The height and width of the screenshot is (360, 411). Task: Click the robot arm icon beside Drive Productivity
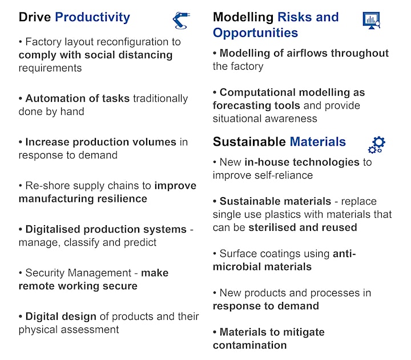(181, 21)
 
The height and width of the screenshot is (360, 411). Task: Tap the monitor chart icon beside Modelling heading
(372, 20)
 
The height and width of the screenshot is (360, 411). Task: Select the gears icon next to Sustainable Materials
(377, 145)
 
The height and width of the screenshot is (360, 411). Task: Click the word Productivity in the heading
(92, 18)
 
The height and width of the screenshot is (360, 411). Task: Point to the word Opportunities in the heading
(255, 33)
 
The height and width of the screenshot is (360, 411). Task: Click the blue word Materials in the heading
(318, 142)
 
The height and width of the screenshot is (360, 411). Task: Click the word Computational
(257, 93)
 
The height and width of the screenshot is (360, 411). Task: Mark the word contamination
(250, 345)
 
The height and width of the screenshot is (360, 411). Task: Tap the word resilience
(122, 199)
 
